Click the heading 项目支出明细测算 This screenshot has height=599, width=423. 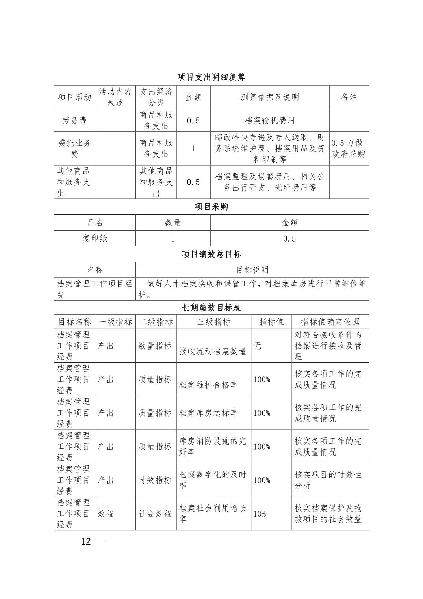(x=211, y=77)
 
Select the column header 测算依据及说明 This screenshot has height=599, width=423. (x=270, y=97)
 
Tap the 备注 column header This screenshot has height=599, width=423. (x=349, y=97)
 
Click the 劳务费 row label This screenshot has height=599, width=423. (x=74, y=121)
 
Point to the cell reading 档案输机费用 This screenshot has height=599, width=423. (x=270, y=121)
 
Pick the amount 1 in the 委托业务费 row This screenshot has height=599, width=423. (x=193, y=149)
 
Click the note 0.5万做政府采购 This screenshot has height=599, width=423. (x=349, y=149)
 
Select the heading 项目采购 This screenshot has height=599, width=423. (x=211, y=207)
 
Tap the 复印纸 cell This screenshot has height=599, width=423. (x=95, y=238)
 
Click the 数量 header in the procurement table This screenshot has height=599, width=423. (x=173, y=223)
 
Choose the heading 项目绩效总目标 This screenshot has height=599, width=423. (x=211, y=254)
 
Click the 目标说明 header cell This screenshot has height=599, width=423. (x=252, y=270)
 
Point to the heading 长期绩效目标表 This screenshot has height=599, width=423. (x=211, y=308)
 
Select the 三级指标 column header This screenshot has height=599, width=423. (x=214, y=322)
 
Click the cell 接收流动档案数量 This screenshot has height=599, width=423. (x=213, y=351)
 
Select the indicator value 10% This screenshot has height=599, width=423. (x=260, y=514)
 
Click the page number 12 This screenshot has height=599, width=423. (x=86, y=541)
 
